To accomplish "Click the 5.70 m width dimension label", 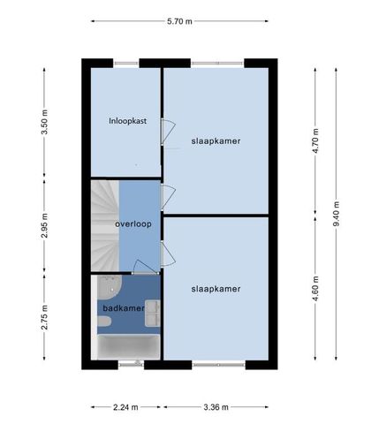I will [179, 23].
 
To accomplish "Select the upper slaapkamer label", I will [216, 140].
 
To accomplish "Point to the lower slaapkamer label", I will [216, 288].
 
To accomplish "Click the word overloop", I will [133, 224].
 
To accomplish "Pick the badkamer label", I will [124, 308].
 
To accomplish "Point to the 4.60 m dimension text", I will [315, 289].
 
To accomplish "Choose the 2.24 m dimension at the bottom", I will [125, 407].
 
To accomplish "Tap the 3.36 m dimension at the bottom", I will [216, 407].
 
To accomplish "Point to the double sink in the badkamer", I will [154, 314].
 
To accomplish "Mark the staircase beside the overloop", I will [104, 225].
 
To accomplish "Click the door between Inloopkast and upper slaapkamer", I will [164, 132].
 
